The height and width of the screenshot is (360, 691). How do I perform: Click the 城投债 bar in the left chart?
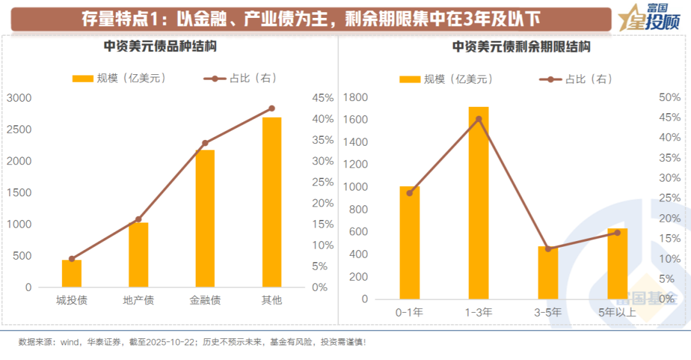coord(72,273)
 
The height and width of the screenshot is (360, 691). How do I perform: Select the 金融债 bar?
coord(205,218)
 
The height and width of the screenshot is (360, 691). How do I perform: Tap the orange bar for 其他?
coord(271,202)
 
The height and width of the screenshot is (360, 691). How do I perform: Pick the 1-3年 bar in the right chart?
coord(479,203)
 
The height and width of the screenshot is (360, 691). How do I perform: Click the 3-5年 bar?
coord(548,272)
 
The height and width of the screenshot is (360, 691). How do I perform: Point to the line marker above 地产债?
coord(138,219)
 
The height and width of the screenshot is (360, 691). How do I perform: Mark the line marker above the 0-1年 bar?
coord(410,193)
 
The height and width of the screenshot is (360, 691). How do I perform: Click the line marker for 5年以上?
coord(617,233)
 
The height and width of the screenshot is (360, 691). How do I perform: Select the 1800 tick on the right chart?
coord(356,97)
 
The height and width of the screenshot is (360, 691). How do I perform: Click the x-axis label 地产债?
coord(138,301)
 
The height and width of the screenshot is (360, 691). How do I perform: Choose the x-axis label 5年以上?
coord(617,312)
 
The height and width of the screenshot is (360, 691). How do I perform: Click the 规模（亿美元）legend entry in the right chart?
coord(446,79)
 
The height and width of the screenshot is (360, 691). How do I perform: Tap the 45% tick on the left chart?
coord(322,98)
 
